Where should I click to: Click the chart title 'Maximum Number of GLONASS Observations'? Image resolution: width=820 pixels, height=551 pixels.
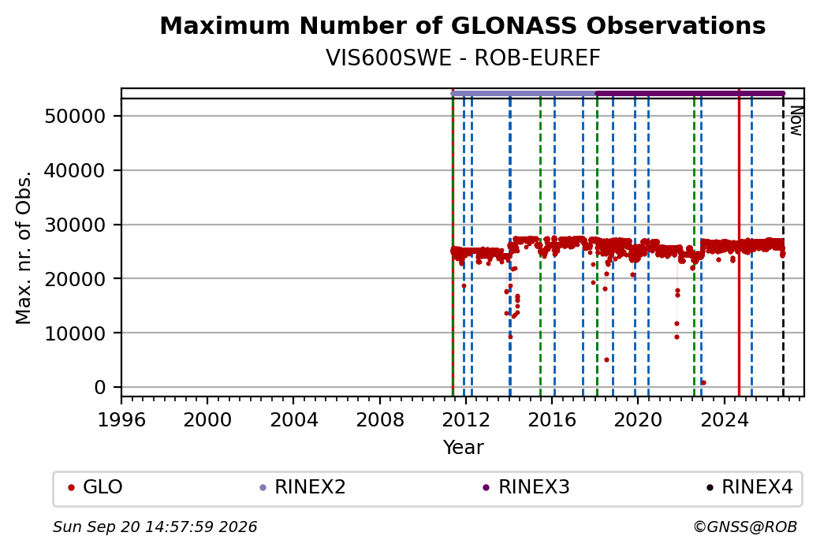coord(463,25)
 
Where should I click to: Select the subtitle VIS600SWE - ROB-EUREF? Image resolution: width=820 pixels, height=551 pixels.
coord(463,58)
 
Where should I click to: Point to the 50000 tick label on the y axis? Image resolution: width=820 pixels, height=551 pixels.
coord(76,116)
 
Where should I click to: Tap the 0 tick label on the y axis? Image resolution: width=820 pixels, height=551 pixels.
coord(100,387)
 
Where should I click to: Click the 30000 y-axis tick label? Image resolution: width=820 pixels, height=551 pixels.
coord(76,225)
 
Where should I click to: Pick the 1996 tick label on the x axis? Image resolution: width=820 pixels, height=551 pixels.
coord(121,419)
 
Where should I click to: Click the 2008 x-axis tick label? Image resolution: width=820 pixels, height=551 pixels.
coord(380,419)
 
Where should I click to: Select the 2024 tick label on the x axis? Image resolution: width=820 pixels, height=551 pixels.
coord(724,419)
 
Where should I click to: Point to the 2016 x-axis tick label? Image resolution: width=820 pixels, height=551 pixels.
coord(552,419)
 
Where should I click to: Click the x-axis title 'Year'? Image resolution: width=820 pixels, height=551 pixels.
coord(464,448)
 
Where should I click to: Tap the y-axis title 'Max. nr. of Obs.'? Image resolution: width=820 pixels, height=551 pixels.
coord(24,247)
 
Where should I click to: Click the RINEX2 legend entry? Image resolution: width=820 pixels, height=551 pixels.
coord(303,487)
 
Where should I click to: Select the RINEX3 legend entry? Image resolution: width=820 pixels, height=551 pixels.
coord(526,487)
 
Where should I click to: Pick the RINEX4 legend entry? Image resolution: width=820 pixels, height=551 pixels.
coord(750,487)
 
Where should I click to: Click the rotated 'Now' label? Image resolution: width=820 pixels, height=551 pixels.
coord(796,121)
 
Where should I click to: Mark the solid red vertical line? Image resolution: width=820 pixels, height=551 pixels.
coord(739,243)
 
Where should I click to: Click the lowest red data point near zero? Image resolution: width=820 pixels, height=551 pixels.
coord(703,382)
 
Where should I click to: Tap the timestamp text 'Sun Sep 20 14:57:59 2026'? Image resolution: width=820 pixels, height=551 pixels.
coord(155,527)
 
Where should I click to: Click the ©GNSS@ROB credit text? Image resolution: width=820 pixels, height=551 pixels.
coord(745,527)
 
